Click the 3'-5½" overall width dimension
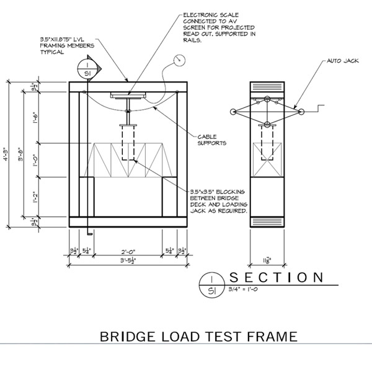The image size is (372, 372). (x=128, y=261)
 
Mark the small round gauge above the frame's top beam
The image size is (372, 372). (x=180, y=60)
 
